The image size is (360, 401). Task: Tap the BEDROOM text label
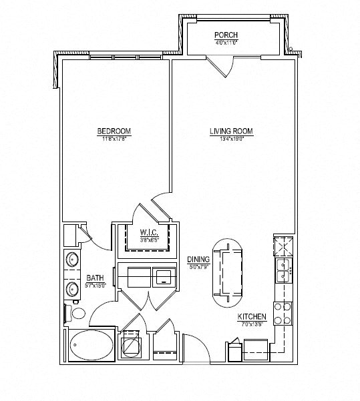114,131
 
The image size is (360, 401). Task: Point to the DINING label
199,260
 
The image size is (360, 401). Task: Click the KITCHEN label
252,317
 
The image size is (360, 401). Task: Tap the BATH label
94,278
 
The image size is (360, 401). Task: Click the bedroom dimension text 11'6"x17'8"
114,139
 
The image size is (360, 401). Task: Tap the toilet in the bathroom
75,313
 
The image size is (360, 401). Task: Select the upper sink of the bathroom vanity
71,260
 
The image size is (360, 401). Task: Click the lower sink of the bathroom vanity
71,289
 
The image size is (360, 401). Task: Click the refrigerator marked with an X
283,246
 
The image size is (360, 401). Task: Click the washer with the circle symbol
130,346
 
